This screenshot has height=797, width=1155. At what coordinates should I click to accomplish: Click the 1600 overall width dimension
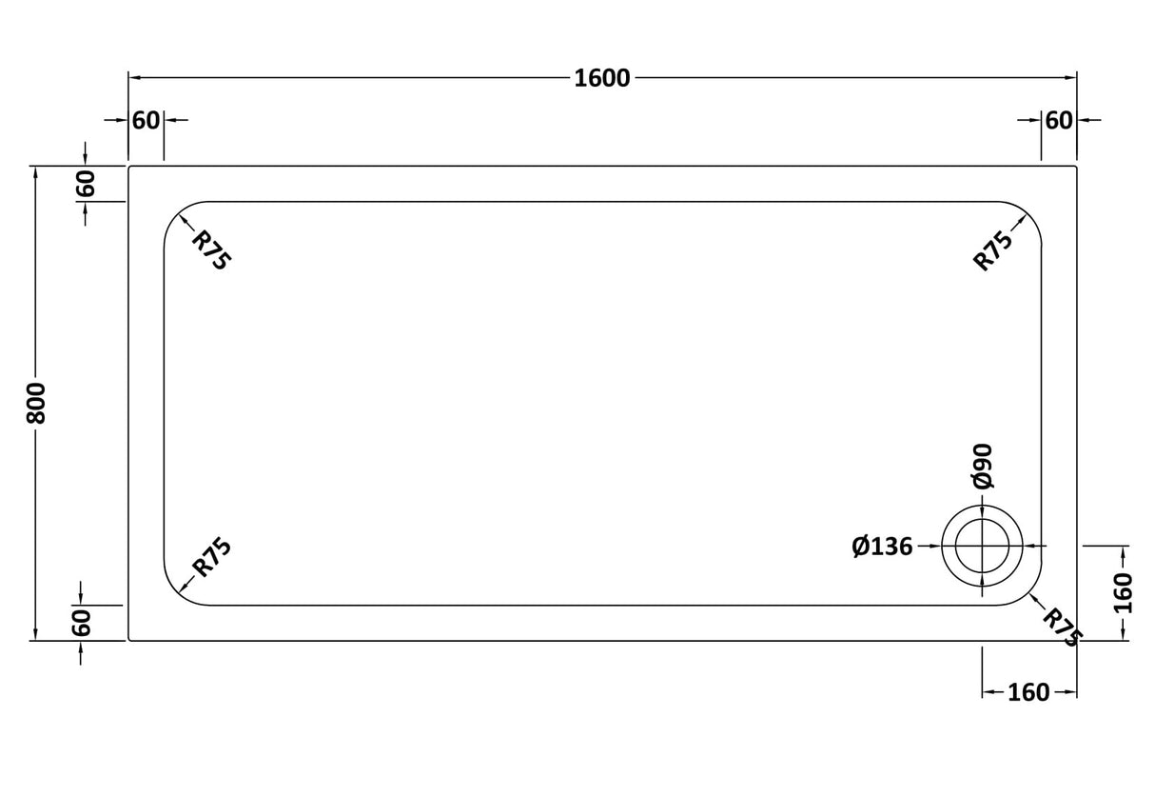point(602,78)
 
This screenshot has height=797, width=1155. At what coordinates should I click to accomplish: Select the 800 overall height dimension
point(35,404)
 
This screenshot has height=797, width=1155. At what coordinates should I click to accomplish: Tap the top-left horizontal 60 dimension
point(146,121)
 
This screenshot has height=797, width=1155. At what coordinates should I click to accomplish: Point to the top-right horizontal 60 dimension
point(1059,121)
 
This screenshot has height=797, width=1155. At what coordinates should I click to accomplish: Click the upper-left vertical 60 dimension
point(86,183)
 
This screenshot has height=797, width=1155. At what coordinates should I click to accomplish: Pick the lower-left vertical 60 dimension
point(82,623)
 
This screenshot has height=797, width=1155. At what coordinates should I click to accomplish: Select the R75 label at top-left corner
point(210,250)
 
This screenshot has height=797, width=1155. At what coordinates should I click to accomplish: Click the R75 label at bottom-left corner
point(211,558)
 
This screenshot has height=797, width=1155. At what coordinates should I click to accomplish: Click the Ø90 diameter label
point(983,466)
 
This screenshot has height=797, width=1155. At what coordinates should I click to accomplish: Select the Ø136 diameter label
point(882,547)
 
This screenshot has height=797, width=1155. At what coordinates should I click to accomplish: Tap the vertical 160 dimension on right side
point(1124,592)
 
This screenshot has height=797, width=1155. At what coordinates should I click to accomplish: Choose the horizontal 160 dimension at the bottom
point(1028,692)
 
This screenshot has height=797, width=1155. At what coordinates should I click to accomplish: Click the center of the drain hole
point(982,547)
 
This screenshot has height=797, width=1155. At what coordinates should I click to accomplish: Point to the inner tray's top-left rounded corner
point(175,213)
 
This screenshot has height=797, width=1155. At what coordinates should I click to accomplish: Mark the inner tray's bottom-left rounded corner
point(175,593)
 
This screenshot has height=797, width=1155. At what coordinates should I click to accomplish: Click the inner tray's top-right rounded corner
point(1029,213)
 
